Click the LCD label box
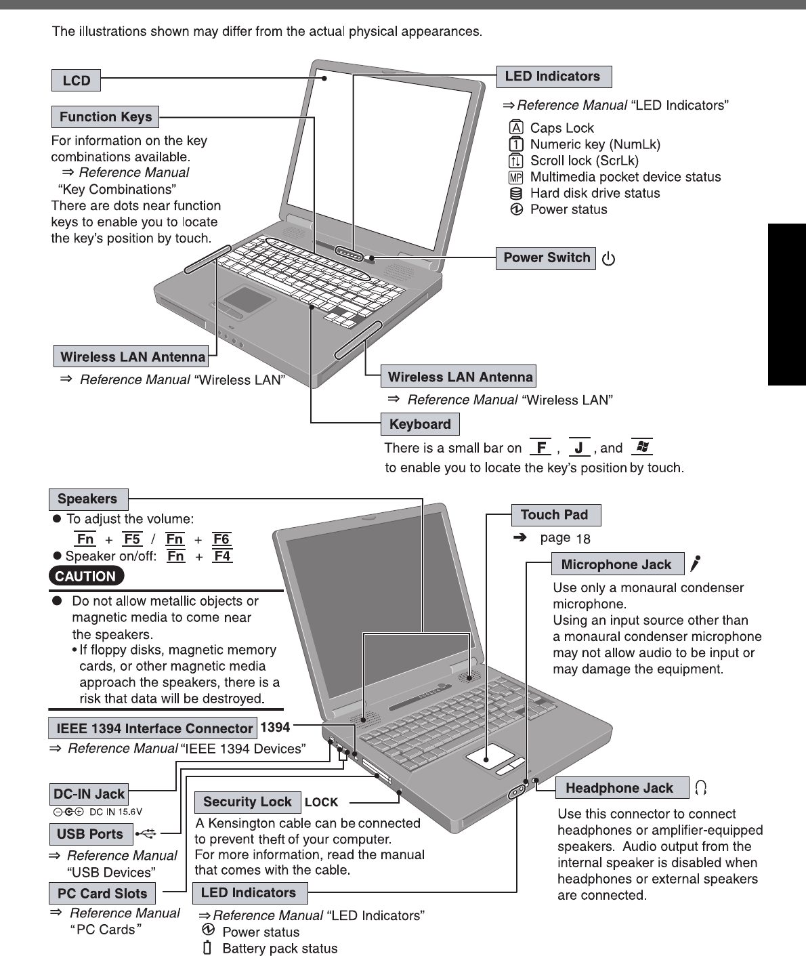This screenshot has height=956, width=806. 76,81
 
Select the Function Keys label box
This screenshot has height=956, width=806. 105,117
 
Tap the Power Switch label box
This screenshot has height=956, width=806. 546,258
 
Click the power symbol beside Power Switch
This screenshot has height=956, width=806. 609,259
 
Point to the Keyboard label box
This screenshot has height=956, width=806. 420,425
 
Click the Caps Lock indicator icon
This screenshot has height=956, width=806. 516,128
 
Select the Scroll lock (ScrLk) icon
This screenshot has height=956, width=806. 516,161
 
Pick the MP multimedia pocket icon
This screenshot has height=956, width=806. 516,178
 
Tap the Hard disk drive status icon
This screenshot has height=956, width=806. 516,193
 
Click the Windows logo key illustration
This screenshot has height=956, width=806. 641,447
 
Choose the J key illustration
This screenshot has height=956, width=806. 579,447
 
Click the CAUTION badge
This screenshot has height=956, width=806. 86,577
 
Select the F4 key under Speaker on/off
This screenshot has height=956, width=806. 222,556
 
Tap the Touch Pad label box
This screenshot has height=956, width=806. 555,515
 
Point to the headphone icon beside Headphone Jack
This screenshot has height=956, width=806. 701,787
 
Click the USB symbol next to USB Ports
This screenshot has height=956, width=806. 146,833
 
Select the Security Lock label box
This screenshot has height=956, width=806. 247,802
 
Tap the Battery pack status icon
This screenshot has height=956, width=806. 208,948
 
